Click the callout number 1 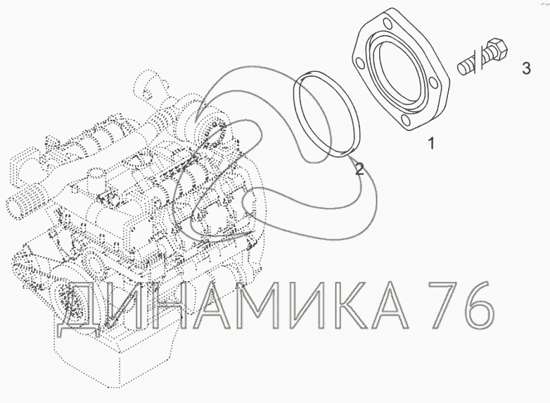coord(431,143)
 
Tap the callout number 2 coord(359,169)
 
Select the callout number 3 coord(526,68)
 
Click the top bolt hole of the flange coord(388,24)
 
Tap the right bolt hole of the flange coord(434,83)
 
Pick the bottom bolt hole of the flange coord(405,121)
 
